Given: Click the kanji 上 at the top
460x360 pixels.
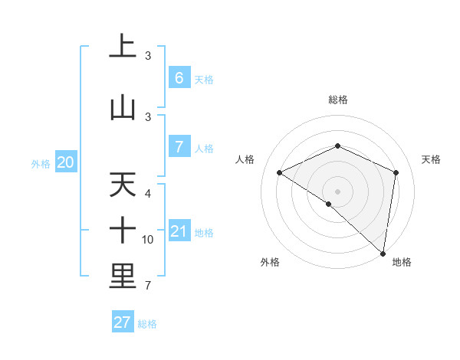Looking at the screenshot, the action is (x=122, y=47).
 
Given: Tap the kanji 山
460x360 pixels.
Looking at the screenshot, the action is (x=122, y=107).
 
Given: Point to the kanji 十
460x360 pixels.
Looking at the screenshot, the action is (x=122, y=231).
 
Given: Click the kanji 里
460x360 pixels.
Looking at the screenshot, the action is (x=122, y=277).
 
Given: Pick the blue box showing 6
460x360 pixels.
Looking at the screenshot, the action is (x=179, y=78).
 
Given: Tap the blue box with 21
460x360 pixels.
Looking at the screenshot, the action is (x=179, y=231).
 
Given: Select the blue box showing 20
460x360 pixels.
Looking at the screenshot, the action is (x=66, y=162).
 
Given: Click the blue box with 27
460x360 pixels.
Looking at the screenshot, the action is (x=122, y=322).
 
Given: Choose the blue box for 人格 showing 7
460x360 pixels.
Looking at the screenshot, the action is (x=179, y=147).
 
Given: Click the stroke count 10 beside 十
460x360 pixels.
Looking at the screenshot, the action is (x=148, y=240).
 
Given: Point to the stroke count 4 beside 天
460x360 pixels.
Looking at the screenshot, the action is (x=148, y=194).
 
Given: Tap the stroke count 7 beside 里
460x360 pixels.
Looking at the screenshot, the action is (x=148, y=286).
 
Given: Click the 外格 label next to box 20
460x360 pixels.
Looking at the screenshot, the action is (x=41, y=163).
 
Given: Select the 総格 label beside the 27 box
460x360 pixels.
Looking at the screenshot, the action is (x=147, y=324).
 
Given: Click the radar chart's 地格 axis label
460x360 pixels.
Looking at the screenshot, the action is (x=402, y=262).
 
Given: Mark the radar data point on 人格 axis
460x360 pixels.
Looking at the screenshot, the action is (x=280, y=173).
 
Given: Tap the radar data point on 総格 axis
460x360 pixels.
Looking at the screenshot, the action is (x=337, y=146).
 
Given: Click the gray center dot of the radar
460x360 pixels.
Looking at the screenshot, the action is (x=337, y=191).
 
